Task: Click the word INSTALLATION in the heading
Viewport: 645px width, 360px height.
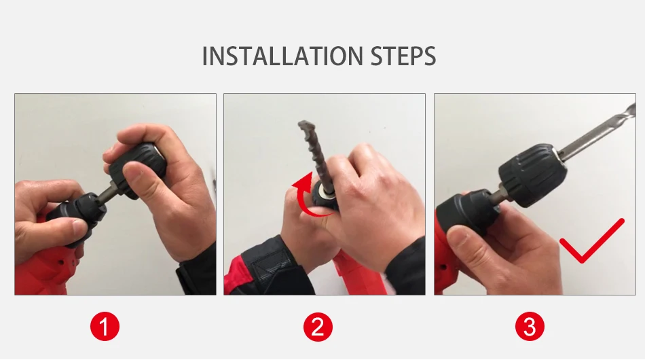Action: pos(282,56)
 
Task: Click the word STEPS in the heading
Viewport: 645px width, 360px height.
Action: pos(403,56)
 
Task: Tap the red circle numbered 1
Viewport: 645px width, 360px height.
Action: pos(105,327)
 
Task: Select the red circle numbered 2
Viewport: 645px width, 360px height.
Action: pos(318,327)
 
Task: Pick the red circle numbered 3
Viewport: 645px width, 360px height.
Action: pos(530,327)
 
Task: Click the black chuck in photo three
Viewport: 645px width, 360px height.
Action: pos(534,175)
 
